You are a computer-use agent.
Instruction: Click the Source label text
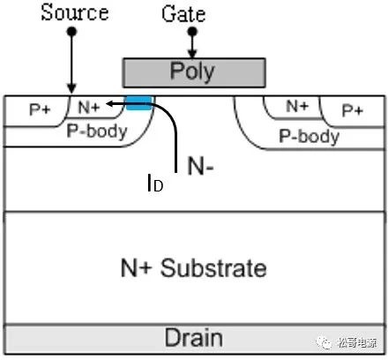pos(75,12)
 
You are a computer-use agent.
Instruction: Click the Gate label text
pos(183,13)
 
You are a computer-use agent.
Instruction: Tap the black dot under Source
pos(71,31)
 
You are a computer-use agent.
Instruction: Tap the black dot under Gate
pos(192,31)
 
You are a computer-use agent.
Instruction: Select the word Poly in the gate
pos(192,71)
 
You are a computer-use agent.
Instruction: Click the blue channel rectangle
pos(139,102)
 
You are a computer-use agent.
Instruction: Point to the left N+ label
pos(89,107)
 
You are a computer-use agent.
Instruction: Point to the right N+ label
pos(297,106)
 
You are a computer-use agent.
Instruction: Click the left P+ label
pos(41,109)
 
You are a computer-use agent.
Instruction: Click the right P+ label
pos(353,110)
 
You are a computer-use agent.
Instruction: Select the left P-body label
pos(97,131)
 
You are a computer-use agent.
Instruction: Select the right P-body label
pos(310,137)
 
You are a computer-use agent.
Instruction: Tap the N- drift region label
pos(200,166)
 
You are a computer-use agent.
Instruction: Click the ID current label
pos(155,183)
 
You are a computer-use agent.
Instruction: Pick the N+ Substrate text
pos(194,268)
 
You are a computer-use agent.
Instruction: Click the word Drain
pos(193,338)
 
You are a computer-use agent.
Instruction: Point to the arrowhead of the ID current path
pos(109,103)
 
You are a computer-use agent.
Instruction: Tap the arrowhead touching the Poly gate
pos(192,55)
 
